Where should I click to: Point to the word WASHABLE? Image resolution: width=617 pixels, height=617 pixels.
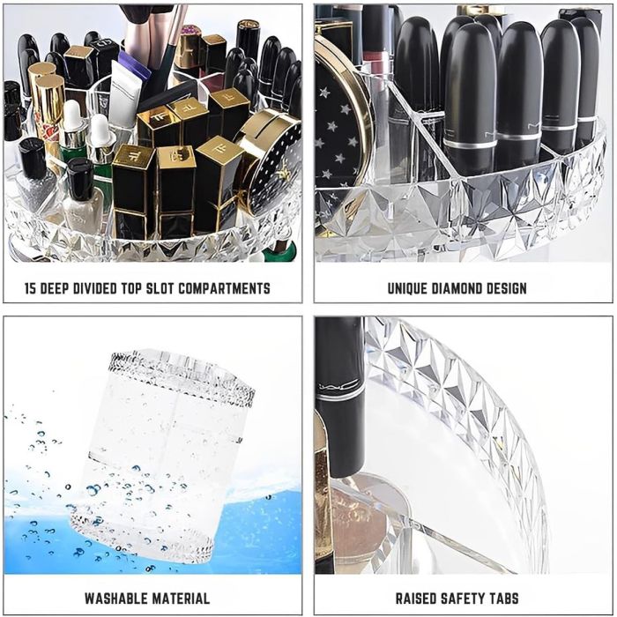point(114,597)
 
